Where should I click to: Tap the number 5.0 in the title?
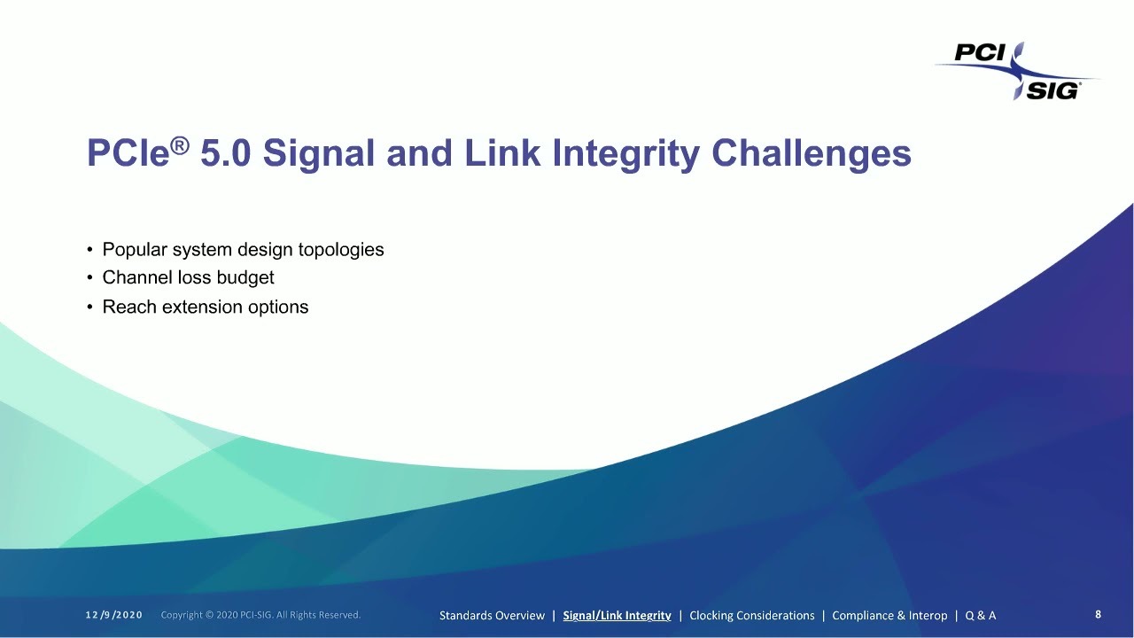(226, 153)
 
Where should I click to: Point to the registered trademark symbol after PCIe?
(179, 144)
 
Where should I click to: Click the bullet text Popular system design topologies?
(243, 250)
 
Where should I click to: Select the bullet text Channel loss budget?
(188, 277)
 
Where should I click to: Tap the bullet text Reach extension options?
(206, 307)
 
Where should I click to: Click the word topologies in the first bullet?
(341, 250)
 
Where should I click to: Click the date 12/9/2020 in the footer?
(114, 615)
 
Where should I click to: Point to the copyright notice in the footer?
(260, 615)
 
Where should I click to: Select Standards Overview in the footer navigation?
(492, 615)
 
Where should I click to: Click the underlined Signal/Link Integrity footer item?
(617, 615)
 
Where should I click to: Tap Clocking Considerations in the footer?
(751, 615)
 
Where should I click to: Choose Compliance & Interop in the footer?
(889, 615)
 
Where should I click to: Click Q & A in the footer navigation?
(980, 615)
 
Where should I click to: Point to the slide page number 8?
(1099, 614)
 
